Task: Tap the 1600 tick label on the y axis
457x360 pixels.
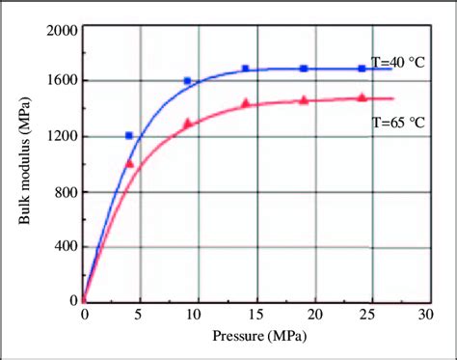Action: click(x=59, y=82)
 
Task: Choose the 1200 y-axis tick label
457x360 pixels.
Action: click(x=59, y=137)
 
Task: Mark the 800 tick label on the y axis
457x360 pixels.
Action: click(x=64, y=192)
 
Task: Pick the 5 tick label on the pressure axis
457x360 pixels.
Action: click(x=141, y=315)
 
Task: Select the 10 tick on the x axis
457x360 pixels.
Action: click(x=197, y=315)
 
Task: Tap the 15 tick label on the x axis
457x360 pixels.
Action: click(x=255, y=315)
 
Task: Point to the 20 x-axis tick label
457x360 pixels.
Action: click(x=311, y=315)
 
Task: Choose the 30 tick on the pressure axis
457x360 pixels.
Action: click(x=425, y=315)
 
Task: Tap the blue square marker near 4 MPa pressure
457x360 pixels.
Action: click(x=129, y=136)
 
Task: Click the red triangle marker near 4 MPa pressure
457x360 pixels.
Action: click(x=129, y=163)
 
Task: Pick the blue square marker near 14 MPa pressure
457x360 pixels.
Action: click(x=245, y=69)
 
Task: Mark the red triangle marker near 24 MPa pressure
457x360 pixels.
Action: click(x=362, y=97)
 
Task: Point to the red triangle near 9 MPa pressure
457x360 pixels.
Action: click(x=187, y=123)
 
